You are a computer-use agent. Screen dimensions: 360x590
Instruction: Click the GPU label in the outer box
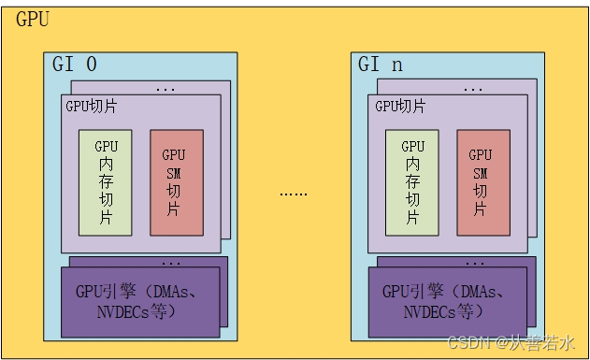tap(33, 18)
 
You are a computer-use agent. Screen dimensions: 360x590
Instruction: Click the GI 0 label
tap(75, 65)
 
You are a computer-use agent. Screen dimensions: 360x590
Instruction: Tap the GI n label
tap(381, 65)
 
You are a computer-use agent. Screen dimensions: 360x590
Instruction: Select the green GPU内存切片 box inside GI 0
tap(105, 181)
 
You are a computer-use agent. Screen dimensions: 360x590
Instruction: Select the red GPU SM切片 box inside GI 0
tap(175, 181)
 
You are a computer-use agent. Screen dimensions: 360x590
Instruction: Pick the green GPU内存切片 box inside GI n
tap(411, 181)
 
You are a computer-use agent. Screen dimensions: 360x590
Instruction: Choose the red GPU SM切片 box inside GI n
tap(482, 181)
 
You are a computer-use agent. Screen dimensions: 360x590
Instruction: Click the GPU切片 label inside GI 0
tap(91, 106)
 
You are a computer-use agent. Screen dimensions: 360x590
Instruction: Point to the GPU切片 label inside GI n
tap(399, 106)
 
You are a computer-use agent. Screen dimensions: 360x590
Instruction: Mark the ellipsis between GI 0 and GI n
tap(293, 193)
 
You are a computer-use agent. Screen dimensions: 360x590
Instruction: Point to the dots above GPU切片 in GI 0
tap(165, 90)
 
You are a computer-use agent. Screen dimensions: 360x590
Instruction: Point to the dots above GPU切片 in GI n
tap(473, 90)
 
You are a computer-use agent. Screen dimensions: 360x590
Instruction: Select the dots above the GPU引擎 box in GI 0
tap(172, 263)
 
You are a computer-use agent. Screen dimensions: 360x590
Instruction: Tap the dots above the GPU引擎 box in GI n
tap(479, 263)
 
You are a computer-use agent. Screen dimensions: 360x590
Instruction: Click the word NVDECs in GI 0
tap(122, 310)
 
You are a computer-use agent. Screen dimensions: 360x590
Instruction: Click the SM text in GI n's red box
tap(481, 173)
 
